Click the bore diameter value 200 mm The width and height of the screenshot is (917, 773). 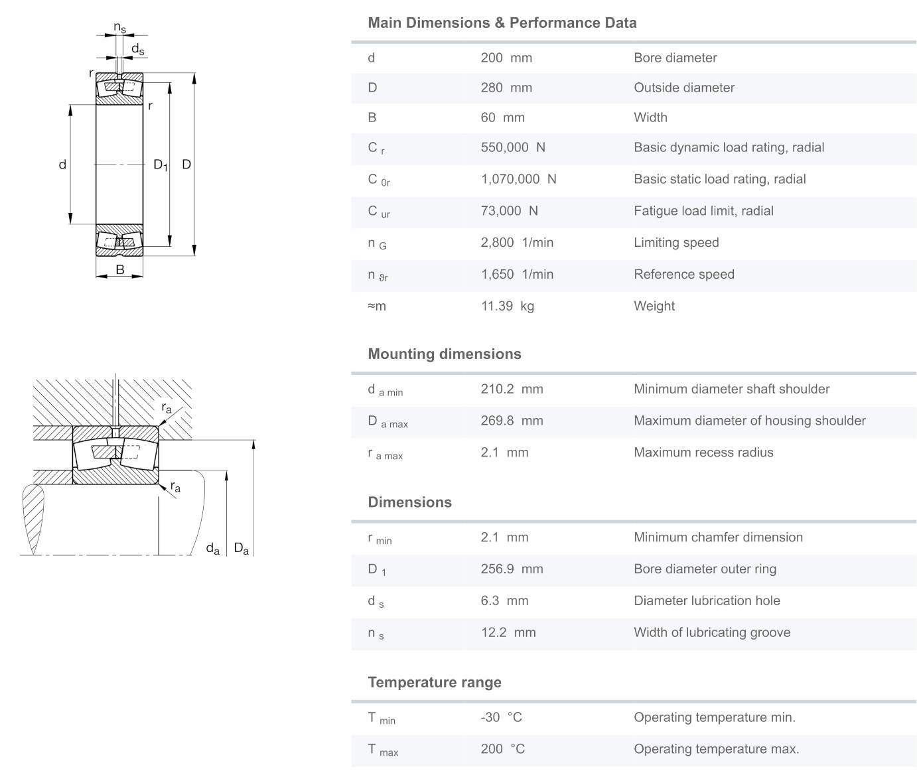tap(506, 58)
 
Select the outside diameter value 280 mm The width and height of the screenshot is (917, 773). tap(506, 88)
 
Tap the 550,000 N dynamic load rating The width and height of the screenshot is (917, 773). tap(513, 147)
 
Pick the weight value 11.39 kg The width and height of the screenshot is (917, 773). tap(507, 306)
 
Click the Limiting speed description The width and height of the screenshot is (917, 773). tap(676, 242)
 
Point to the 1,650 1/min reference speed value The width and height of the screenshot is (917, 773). tap(517, 274)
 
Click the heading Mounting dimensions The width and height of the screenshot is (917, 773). tap(445, 354)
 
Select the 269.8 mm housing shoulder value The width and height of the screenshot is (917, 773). tap(512, 421)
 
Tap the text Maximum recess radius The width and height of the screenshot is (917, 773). tap(703, 453)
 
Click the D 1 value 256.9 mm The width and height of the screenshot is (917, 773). tap(512, 569)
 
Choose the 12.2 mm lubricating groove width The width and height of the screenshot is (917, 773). tap(508, 632)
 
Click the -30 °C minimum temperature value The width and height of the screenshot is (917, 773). tap(501, 717)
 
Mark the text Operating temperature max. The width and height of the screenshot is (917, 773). tap(716, 749)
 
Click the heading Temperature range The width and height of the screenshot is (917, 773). tap(435, 682)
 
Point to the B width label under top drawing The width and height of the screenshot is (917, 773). tap(120, 269)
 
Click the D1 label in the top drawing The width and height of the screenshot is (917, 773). tap(160, 165)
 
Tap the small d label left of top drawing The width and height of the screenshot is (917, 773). tap(62, 165)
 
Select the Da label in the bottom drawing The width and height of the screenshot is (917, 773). tap(241, 549)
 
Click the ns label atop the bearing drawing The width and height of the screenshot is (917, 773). tap(119, 28)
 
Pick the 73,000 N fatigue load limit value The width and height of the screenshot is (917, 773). tap(509, 211)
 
